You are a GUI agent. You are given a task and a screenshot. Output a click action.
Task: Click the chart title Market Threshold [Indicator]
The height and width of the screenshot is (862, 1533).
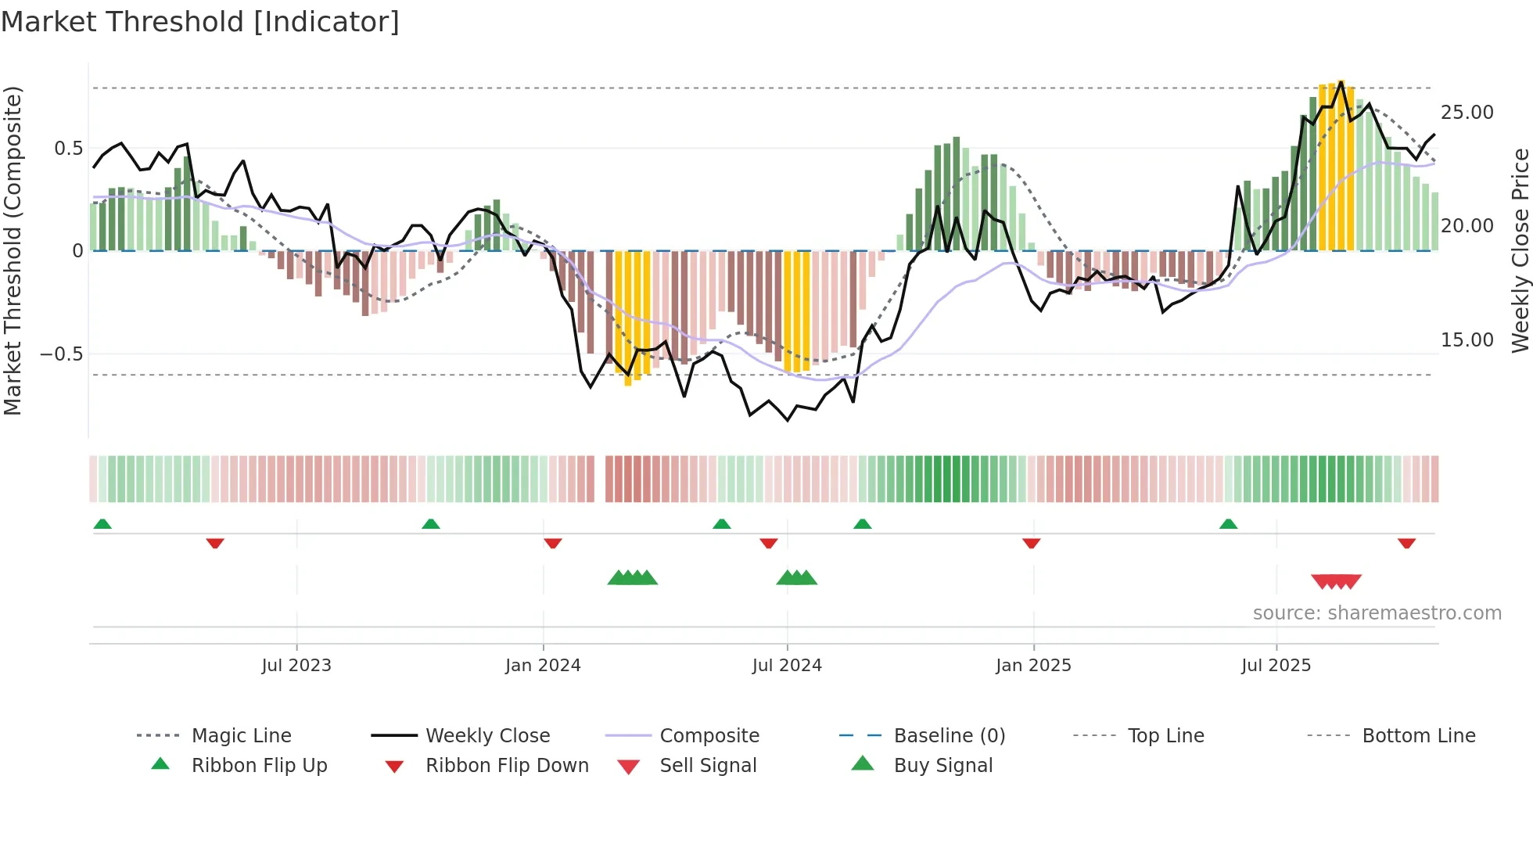coord(200,22)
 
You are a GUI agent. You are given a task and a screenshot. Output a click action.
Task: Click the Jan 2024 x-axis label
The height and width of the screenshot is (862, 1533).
coord(543,665)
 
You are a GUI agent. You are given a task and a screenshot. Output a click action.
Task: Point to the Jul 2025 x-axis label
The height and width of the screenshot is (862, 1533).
coord(1276,665)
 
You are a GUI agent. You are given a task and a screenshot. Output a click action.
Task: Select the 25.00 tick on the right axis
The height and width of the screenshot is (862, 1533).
coord(1467,112)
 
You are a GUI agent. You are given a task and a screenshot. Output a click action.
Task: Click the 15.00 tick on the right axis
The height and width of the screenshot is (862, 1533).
coord(1467,339)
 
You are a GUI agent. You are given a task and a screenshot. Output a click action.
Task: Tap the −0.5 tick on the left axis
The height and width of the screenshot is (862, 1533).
coord(61,354)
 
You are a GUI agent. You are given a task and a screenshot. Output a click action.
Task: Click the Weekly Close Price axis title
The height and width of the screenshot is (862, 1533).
coord(1520,250)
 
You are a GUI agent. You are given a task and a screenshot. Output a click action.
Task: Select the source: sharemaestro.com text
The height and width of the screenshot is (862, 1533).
coord(1377,612)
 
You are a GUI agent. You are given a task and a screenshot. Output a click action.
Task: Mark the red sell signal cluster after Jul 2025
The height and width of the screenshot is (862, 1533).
coord(1336,581)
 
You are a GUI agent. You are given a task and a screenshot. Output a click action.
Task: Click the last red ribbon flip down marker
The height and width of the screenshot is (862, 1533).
coord(1406,543)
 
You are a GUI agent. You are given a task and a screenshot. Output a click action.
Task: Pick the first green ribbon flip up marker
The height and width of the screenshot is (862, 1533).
coord(102,524)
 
